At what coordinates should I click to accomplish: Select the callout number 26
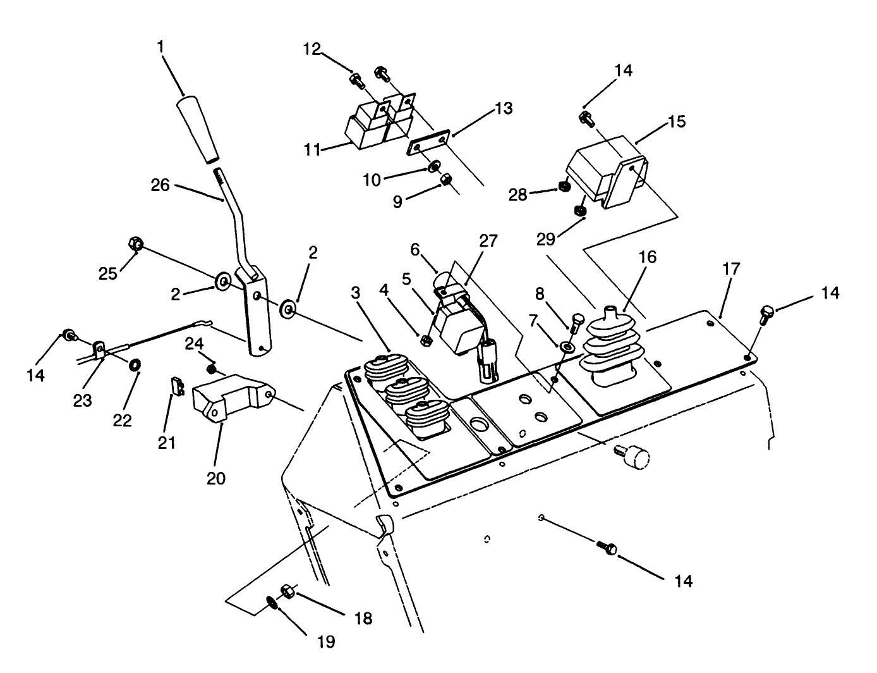coord(160,185)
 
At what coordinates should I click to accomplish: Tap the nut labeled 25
coord(135,244)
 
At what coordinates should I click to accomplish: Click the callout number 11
coord(311,150)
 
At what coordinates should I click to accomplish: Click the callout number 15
coord(676,121)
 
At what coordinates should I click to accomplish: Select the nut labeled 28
coord(565,187)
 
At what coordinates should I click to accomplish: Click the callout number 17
coord(731,269)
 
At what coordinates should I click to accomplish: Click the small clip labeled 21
coord(178,385)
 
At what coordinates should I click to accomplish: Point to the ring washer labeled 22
coord(135,366)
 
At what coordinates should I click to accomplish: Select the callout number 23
coord(82,400)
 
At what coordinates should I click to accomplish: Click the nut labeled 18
coord(286,591)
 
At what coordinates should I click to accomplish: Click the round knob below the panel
coord(635,457)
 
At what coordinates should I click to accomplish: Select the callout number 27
coord(488,241)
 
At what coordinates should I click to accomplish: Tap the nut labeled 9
coord(444,179)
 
